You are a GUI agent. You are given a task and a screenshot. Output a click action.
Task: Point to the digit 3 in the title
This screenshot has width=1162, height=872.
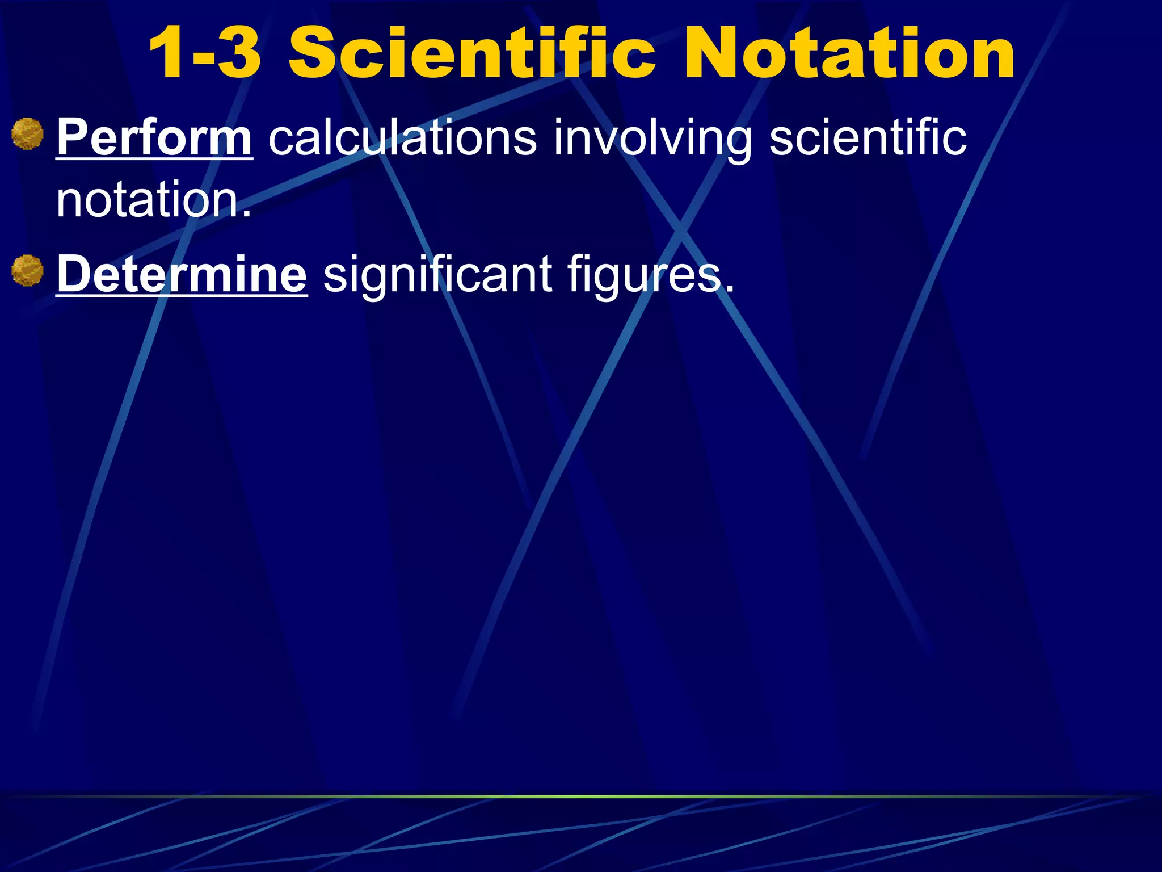pos(238,54)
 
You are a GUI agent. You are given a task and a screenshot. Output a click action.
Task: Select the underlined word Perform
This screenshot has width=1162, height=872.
pos(154,138)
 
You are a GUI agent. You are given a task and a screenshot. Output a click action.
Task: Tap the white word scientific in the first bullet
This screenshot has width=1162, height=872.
pos(868,138)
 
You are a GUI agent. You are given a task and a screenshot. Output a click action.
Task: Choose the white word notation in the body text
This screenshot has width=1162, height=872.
pos(148,200)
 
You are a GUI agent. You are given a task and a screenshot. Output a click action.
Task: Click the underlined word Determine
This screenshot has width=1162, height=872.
pos(182,275)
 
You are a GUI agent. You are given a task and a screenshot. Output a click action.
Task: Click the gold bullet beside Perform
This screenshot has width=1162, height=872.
pos(27,134)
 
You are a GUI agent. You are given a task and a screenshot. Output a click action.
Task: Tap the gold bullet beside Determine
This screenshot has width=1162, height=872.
pos(27,271)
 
